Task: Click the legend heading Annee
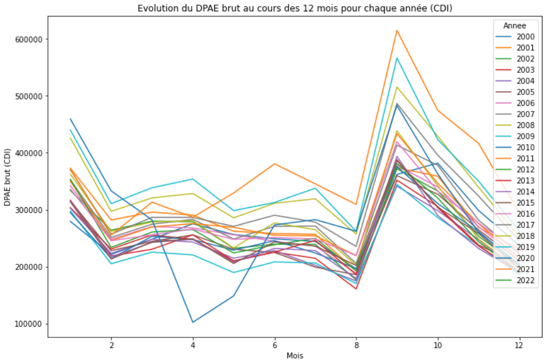click(x=515, y=25)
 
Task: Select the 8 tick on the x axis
click(x=356, y=344)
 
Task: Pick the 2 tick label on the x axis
click(x=111, y=344)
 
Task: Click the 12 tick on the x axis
click(x=519, y=344)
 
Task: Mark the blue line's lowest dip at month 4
click(x=193, y=322)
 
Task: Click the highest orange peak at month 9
click(x=397, y=30)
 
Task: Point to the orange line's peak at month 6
click(x=275, y=164)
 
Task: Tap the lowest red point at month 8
click(x=356, y=289)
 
